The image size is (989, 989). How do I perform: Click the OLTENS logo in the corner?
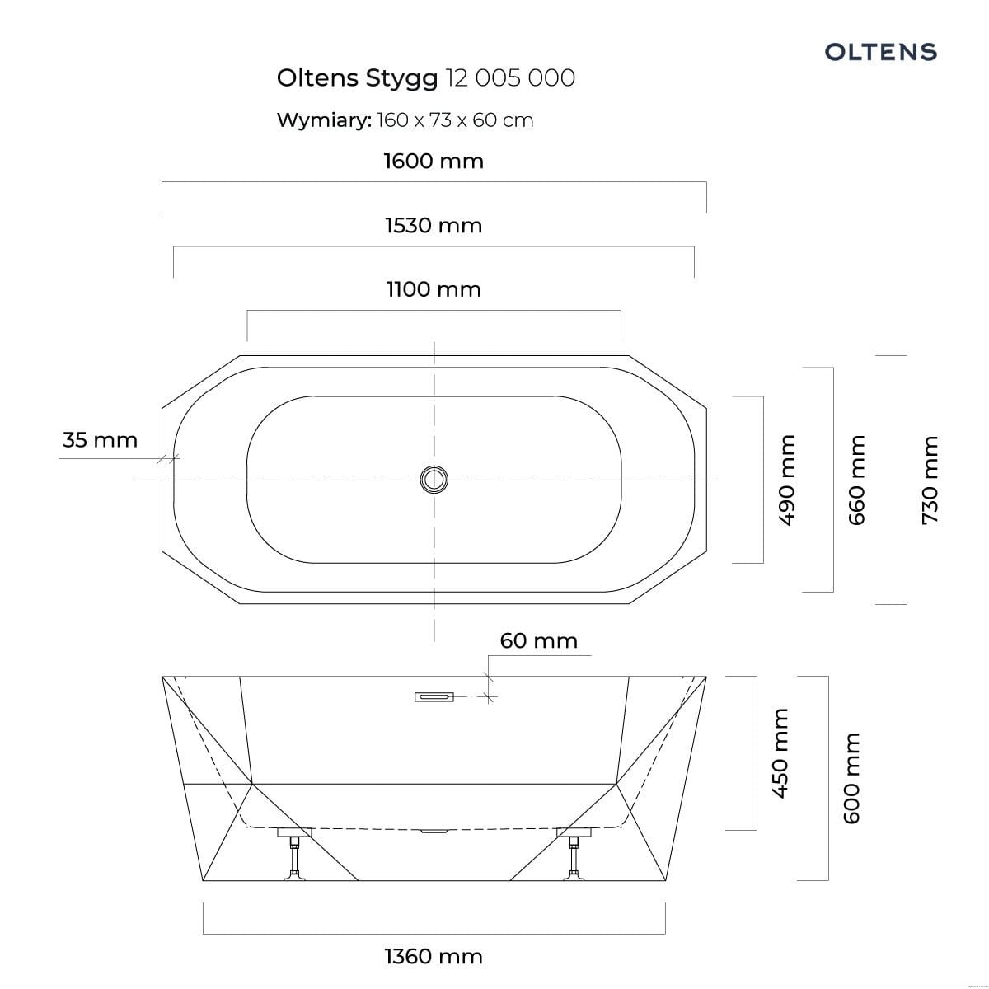[880, 52]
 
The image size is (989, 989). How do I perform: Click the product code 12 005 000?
[509, 77]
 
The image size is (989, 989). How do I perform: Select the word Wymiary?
[323, 120]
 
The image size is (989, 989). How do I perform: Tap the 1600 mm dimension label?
[434, 161]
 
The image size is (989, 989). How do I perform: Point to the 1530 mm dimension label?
[434, 225]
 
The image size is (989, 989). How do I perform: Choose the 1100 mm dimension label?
[434, 289]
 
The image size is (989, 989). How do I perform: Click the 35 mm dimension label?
[100, 440]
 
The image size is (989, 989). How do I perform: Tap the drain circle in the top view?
[434, 479]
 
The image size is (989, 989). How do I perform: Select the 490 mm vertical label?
[786, 480]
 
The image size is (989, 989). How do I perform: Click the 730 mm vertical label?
[930, 480]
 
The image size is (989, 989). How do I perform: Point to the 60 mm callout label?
[538, 640]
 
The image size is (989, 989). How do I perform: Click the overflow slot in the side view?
[434, 697]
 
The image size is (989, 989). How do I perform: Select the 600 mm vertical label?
[851, 777]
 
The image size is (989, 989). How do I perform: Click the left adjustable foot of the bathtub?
[293, 857]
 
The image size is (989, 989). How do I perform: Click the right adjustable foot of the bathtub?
[574, 857]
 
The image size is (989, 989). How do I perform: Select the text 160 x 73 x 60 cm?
[455, 120]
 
